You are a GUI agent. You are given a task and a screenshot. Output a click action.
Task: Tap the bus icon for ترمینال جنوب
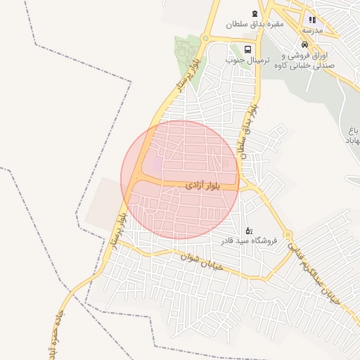[x=247, y=49]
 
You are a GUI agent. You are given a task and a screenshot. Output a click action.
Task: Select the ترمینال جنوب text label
[x=243, y=60]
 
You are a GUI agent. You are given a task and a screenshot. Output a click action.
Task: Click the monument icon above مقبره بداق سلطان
[x=255, y=13]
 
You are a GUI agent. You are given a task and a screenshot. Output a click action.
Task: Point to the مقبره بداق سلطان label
[x=255, y=25]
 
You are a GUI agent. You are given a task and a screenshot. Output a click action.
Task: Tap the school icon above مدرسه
[x=312, y=20]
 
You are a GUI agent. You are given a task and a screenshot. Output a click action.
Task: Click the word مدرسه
[x=312, y=31]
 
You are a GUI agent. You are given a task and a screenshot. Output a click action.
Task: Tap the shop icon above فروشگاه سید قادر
[x=248, y=230]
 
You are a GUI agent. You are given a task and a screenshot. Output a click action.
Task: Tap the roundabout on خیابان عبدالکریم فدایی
[x=287, y=235]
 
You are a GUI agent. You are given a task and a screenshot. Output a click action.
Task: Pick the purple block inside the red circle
[x=157, y=164]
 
